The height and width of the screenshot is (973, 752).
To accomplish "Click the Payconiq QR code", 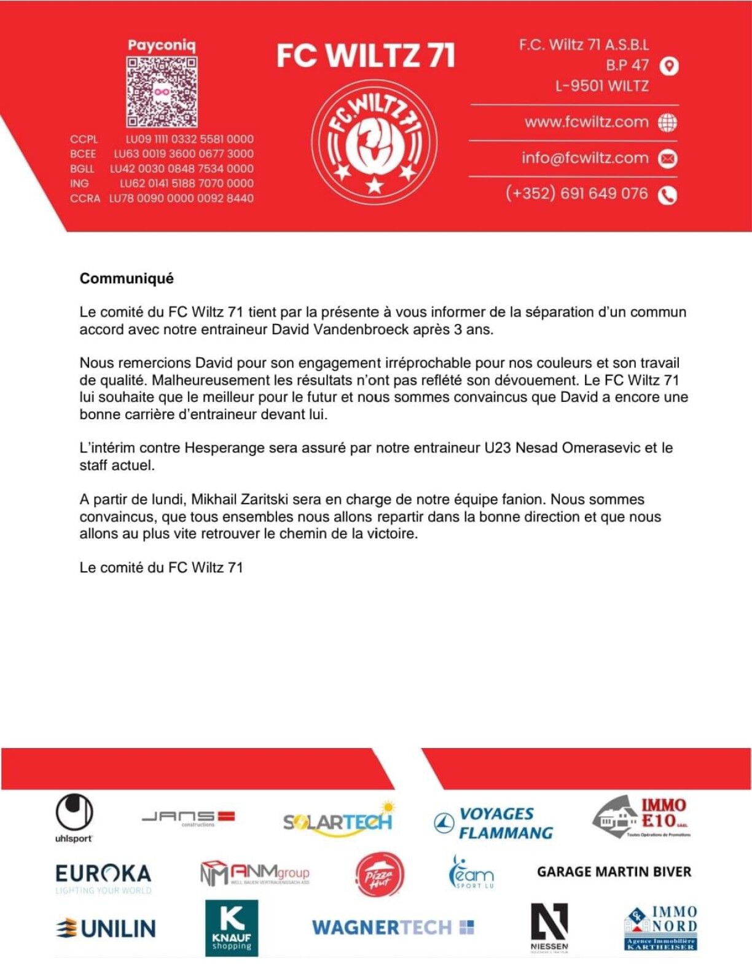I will (162, 92).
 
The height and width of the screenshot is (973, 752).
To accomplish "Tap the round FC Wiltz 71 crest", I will (374, 141).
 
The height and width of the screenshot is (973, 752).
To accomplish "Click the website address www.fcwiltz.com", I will (586, 122).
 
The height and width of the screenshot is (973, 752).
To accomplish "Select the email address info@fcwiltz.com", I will (585, 158).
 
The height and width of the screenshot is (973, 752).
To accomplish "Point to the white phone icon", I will (668, 195).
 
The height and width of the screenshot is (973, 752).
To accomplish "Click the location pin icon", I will (668, 66).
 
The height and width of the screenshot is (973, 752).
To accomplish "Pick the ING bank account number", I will (186, 183).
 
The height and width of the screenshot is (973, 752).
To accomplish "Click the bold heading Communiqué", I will (127, 278).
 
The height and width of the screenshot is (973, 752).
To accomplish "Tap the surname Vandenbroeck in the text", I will (361, 329).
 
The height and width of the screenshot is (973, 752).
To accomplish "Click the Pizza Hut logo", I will (379, 874).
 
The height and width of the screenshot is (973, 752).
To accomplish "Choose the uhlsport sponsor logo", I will (74, 817).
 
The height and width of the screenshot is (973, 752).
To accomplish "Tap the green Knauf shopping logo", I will (232, 928).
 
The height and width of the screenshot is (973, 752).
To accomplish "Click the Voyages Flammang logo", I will (493, 823).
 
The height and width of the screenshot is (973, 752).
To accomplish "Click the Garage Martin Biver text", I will (614, 872).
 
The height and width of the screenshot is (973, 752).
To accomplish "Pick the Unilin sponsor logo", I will (106, 928).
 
